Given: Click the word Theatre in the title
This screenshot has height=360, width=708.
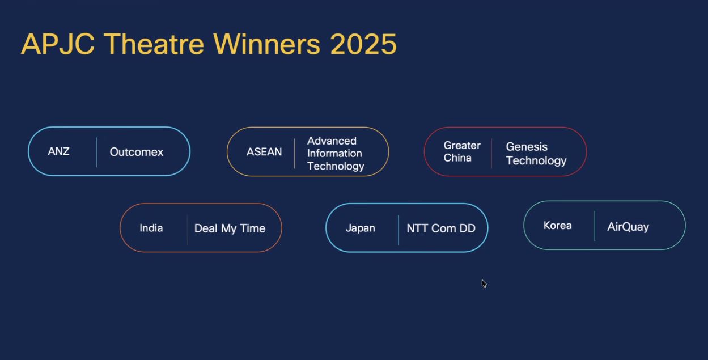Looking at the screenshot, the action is pyautogui.click(x=154, y=44).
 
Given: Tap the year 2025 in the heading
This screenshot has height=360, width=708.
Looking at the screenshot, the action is pyautogui.click(x=363, y=44).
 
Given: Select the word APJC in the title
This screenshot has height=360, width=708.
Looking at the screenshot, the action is pyautogui.click(x=58, y=44).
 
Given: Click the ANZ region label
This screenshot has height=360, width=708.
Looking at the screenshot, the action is pyautogui.click(x=58, y=151).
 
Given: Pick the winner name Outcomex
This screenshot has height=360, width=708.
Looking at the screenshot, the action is pyautogui.click(x=137, y=152).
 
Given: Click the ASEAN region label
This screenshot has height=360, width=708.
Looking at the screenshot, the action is pyautogui.click(x=264, y=152).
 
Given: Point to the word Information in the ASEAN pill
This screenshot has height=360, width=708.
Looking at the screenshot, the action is pyautogui.click(x=334, y=153).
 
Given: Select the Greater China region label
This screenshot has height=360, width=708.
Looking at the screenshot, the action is pyautogui.click(x=462, y=151).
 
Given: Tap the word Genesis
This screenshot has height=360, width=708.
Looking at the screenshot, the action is pyautogui.click(x=527, y=147).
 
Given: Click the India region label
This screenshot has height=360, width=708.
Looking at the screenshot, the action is pyautogui.click(x=151, y=228).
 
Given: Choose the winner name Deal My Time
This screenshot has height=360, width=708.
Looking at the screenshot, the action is pyautogui.click(x=230, y=228).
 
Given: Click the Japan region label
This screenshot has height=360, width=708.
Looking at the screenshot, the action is pyautogui.click(x=361, y=228).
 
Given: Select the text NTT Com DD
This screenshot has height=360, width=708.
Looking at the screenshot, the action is pyautogui.click(x=441, y=228).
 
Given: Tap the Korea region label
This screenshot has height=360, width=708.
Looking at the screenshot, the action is pyautogui.click(x=558, y=226).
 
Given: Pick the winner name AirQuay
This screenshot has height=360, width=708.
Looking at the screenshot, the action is pyautogui.click(x=628, y=227).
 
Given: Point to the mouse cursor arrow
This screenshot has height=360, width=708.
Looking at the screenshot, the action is pyautogui.click(x=484, y=284).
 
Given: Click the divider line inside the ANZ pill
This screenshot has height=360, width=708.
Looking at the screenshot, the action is pyautogui.click(x=96, y=152).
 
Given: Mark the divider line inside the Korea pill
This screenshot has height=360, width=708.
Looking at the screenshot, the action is pyautogui.click(x=595, y=226).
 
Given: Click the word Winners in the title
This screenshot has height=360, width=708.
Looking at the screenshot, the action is pyautogui.click(x=267, y=44).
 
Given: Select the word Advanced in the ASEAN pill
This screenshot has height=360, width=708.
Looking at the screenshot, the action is pyautogui.click(x=332, y=141).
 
